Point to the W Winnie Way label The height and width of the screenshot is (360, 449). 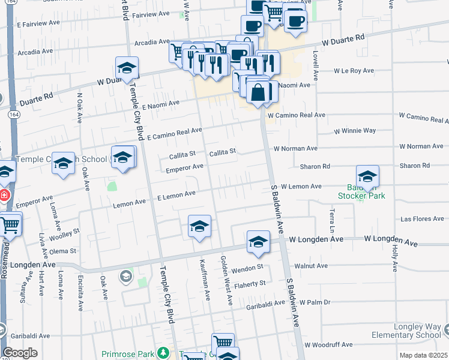[355, 130]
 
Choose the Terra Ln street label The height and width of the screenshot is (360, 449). [331, 220]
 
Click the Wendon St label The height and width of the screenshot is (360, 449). [250, 266]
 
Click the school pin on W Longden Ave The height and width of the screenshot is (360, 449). [258, 242]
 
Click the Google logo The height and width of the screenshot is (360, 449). [20, 353]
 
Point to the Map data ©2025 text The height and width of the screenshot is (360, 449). [424, 356]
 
